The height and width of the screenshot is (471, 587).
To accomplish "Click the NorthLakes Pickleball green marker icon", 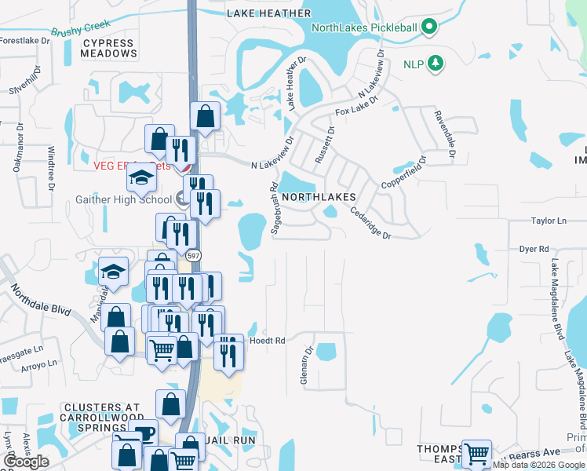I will tap(428, 27).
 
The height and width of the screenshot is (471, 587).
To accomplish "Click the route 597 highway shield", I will tap(192, 255).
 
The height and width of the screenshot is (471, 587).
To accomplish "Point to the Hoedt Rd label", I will tap(267, 341).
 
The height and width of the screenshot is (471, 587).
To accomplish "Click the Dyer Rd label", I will tap(534, 249).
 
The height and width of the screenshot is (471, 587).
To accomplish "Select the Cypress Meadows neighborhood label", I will tap(108, 49).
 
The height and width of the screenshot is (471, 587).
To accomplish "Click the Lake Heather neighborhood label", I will tap(268, 13).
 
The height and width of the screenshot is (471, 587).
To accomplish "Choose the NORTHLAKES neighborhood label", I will tap(319, 196).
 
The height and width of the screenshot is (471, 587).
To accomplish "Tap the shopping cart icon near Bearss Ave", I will tap(476, 453).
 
